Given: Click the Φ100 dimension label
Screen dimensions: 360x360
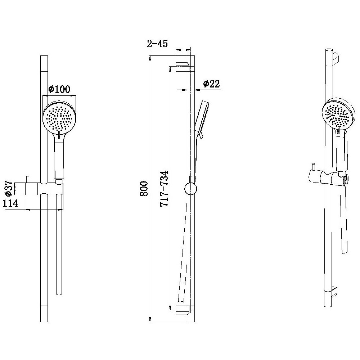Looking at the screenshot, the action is pos(59,89).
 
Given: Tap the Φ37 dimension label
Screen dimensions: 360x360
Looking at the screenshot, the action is pos(9,188).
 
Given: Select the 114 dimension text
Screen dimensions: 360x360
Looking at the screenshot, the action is pos(10,203).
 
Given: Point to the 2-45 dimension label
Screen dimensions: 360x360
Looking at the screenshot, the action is pos(158,44).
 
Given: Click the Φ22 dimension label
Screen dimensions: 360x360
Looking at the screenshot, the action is pos(211,84).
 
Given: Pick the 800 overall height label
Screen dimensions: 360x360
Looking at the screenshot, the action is pos(144,189).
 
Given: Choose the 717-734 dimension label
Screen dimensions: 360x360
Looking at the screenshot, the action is pos(165,189).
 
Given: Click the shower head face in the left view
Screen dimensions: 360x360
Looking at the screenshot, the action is pos(59,118).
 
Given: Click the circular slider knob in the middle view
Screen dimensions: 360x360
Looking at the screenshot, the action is pos(190,189).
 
